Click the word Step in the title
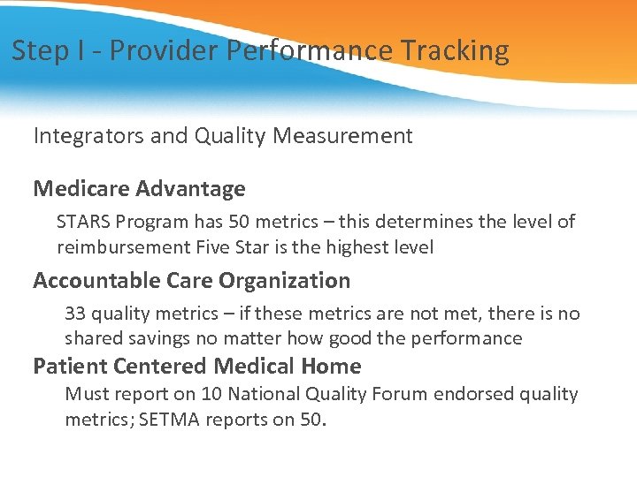point(40,50)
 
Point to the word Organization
point(287,281)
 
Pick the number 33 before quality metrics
point(76,314)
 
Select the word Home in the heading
point(331,366)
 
